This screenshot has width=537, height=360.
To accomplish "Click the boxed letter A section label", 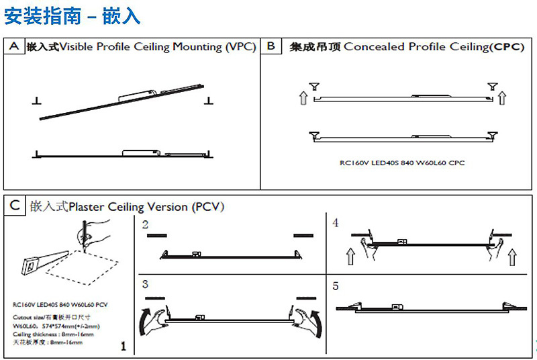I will (x=13, y=46).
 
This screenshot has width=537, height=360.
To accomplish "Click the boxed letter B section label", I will (x=271, y=46).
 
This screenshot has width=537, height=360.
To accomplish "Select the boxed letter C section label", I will (x=13, y=206).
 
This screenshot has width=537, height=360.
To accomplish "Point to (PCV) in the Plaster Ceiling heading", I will (x=207, y=206).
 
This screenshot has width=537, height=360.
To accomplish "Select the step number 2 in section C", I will (x=146, y=225).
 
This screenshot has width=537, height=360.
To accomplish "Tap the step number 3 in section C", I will (x=146, y=285).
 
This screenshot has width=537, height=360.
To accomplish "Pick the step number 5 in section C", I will (x=336, y=285).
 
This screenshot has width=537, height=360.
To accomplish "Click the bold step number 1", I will (x=123, y=347).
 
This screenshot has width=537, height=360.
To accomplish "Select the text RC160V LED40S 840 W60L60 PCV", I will (x=60, y=304).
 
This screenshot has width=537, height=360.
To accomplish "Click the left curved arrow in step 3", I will (x=146, y=320).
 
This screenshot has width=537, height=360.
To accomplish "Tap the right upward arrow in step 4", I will (x=512, y=256).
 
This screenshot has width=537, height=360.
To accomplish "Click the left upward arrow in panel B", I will (x=303, y=99).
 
